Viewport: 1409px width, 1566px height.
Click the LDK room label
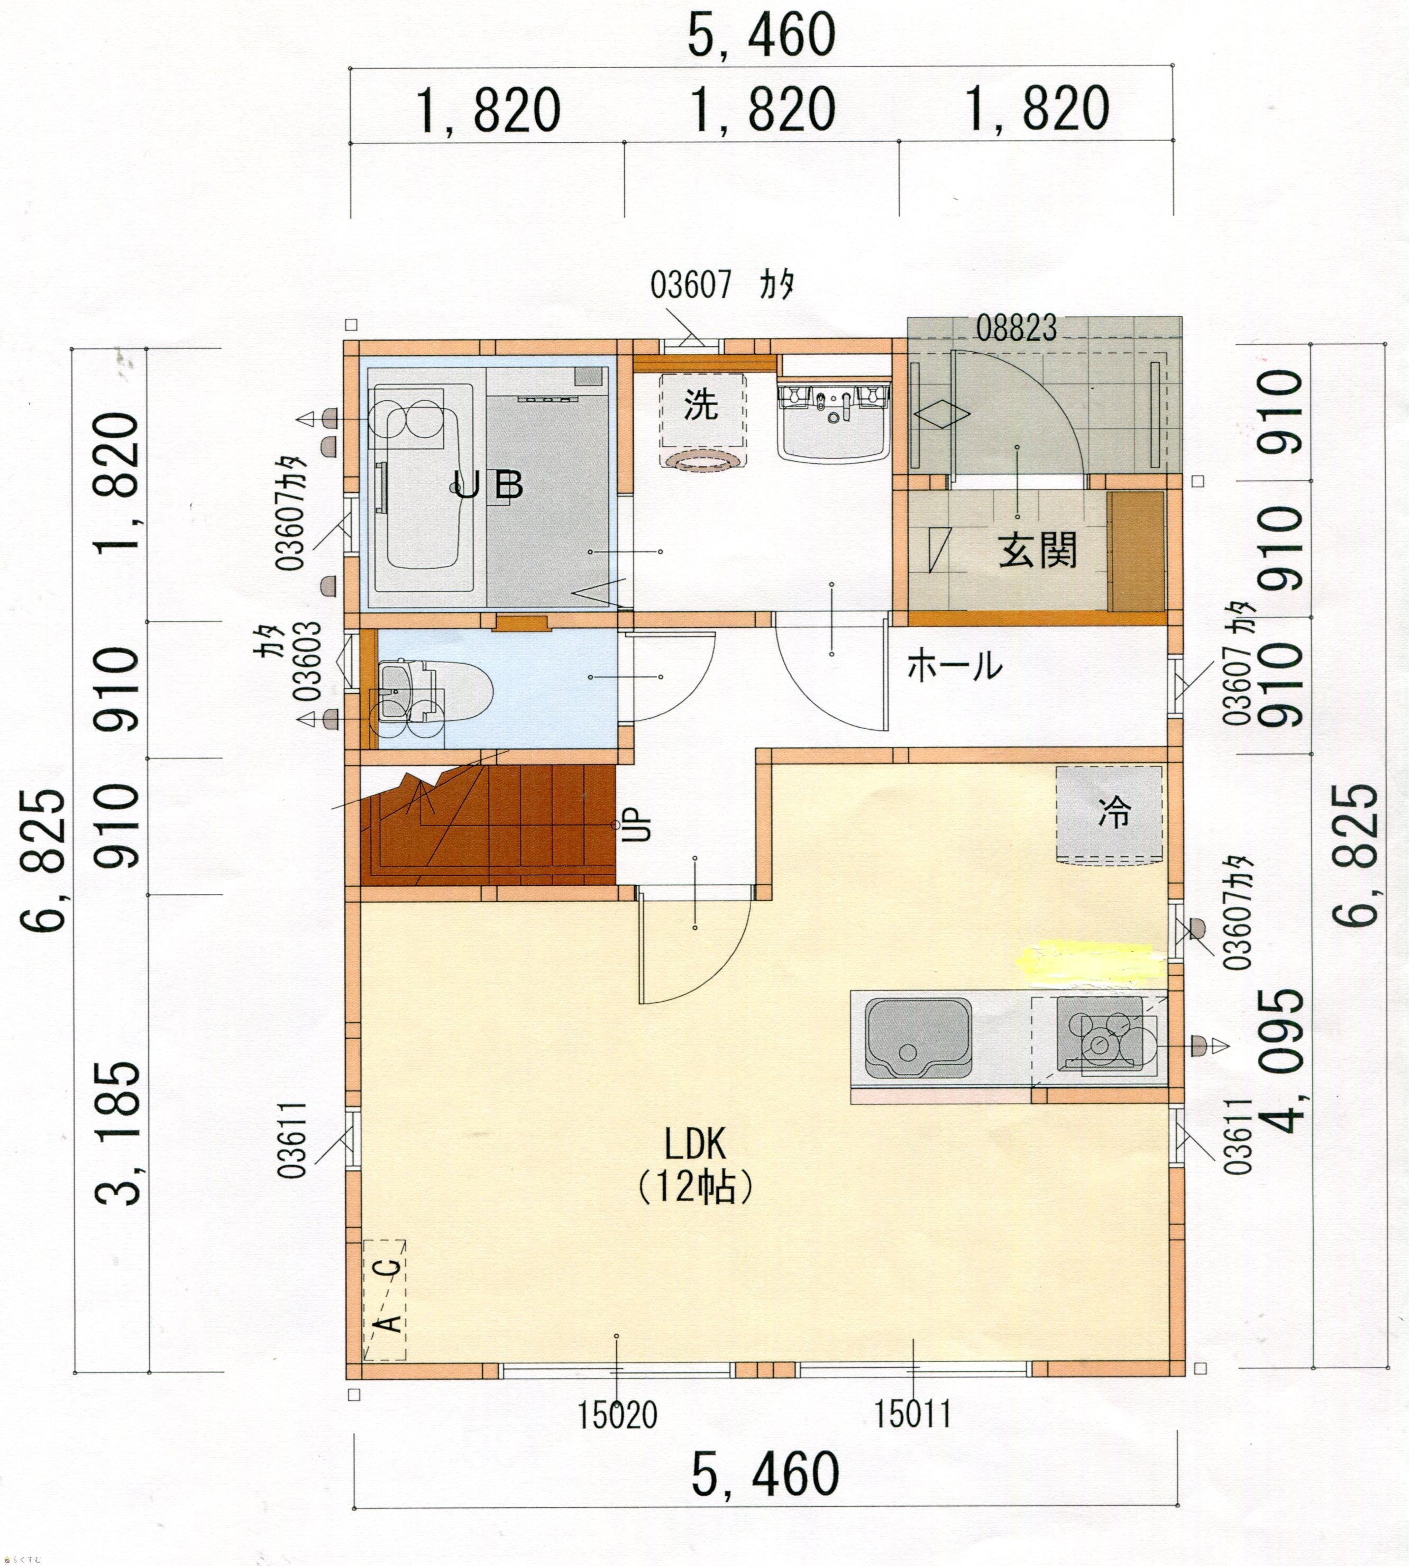click(694, 1144)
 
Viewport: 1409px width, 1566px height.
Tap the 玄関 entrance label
click(1037, 551)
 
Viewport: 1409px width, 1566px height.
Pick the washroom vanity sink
click(833, 424)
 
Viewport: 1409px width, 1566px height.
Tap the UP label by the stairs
click(642, 825)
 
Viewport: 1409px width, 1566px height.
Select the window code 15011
click(913, 1414)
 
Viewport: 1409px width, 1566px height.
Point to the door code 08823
click(1015, 329)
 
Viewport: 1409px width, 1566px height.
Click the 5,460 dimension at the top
click(761, 35)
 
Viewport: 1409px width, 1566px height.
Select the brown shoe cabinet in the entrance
click(1136, 551)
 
